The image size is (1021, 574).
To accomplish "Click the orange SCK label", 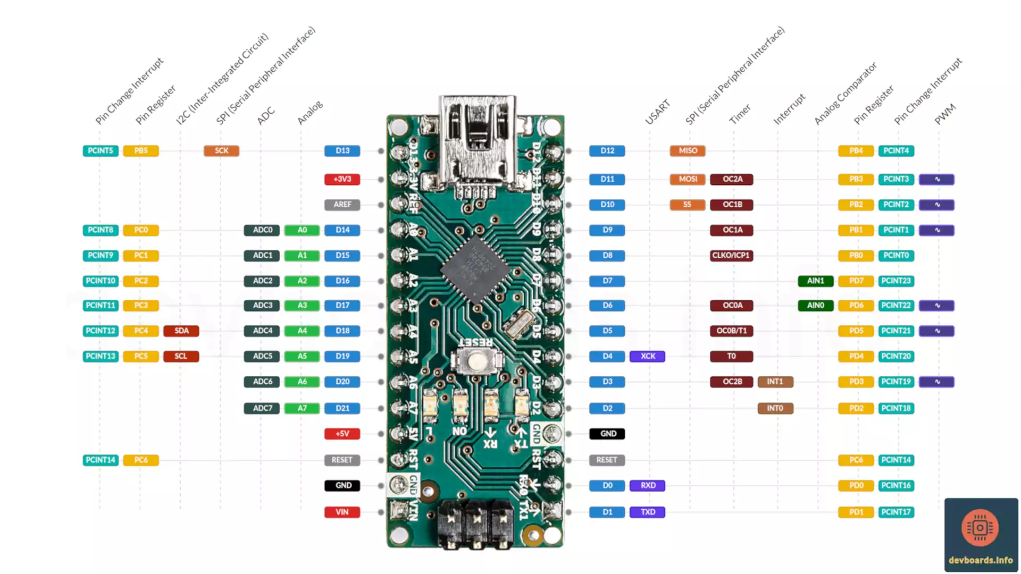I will point(221,151).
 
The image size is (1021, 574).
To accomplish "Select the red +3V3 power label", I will point(342,179).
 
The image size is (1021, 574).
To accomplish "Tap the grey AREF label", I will point(342,205).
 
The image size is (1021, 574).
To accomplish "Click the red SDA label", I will point(181,331).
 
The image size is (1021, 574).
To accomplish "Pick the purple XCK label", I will point(647,356).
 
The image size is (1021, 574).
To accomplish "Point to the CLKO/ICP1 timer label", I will point(731,256).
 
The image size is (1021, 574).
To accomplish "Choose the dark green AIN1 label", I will point(815,281).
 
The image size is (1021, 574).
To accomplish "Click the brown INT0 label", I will point(775,408).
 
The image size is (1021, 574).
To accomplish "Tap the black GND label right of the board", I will point(607,434).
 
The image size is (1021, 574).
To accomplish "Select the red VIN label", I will point(342,512).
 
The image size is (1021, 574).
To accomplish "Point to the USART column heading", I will point(657,112).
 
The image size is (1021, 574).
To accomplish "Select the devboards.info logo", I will point(981,534).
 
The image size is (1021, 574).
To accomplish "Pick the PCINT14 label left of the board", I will point(101,460).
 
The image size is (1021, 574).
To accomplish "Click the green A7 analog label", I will point(302,408).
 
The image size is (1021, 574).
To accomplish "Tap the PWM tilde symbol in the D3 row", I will point(936,382).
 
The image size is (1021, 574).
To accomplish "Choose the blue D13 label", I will point(342,151).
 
